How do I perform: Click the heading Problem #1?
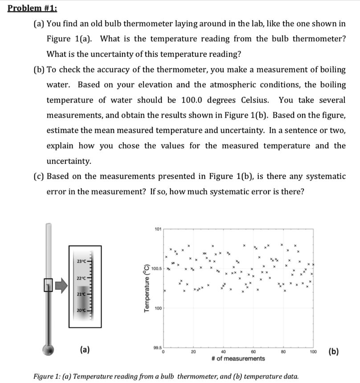click(33, 8)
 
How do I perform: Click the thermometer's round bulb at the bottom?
click(49, 349)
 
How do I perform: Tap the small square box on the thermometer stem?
click(48, 284)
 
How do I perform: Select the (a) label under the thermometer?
click(85, 350)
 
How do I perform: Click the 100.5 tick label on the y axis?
click(156, 269)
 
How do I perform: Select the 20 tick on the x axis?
click(193, 352)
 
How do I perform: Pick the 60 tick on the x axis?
click(253, 352)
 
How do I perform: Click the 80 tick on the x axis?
click(282, 352)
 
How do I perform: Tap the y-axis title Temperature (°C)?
click(146, 288)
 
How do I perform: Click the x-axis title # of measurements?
click(238, 359)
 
